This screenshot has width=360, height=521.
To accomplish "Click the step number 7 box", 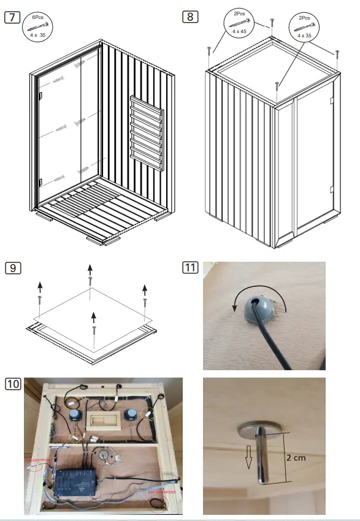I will click(x=12, y=17).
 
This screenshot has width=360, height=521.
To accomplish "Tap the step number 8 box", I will click(x=191, y=17).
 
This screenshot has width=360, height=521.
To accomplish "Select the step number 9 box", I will click(x=12, y=267).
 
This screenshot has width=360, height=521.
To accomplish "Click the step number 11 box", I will click(x=191, y=267).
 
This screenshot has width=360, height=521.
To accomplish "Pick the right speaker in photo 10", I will click(x=131, y=416).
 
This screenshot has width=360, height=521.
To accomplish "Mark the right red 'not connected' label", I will click(x=161, y=492).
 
